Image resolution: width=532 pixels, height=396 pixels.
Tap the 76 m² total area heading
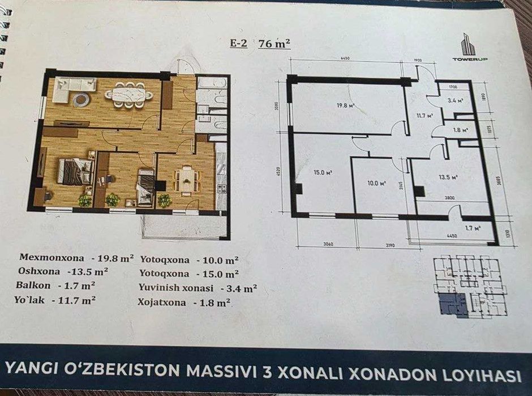tap(273, 44)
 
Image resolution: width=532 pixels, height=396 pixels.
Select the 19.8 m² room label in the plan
tap(345, 105)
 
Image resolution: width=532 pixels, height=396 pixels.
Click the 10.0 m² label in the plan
tap(375, 183)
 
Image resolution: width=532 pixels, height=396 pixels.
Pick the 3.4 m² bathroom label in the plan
tap(456, 101)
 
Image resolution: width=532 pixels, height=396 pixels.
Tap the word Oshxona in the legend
tap(40, 271)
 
